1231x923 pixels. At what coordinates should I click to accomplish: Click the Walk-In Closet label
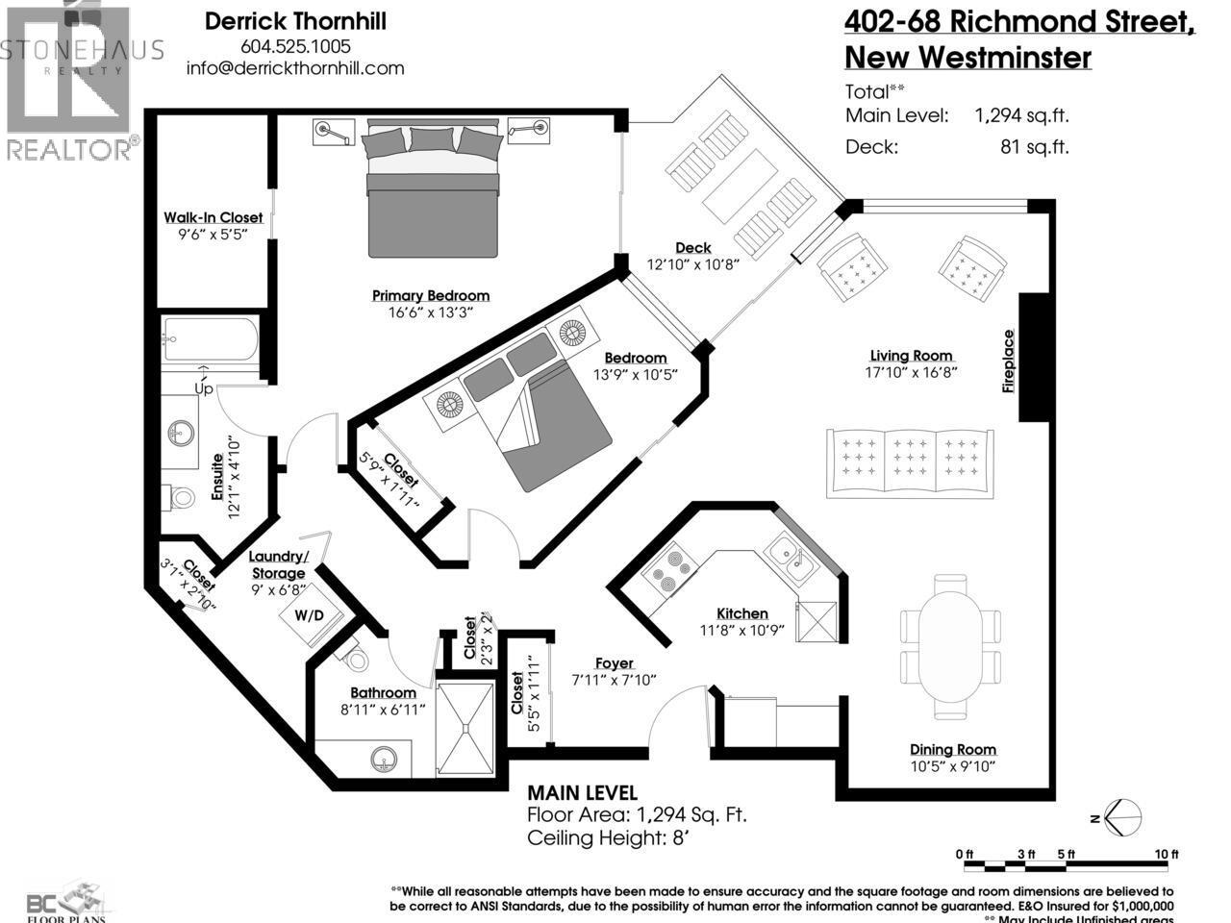213,218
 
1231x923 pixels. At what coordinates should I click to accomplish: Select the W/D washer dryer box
309,614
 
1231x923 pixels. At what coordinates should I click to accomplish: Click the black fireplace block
1034,358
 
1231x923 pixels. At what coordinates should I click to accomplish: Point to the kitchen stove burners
666,569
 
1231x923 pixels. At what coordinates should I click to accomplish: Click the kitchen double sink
790,559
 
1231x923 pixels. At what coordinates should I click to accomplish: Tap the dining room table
947,645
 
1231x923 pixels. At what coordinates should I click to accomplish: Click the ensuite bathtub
210,338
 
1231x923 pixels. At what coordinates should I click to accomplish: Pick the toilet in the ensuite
182,498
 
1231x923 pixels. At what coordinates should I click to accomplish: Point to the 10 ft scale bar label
1166,854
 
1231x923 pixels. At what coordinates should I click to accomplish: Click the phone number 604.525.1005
295,46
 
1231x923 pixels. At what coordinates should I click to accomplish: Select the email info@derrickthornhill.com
295,68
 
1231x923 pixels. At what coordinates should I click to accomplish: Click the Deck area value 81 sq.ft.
1034,147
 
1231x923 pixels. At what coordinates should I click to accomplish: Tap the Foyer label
614,663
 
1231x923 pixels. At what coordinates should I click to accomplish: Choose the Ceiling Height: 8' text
609,837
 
